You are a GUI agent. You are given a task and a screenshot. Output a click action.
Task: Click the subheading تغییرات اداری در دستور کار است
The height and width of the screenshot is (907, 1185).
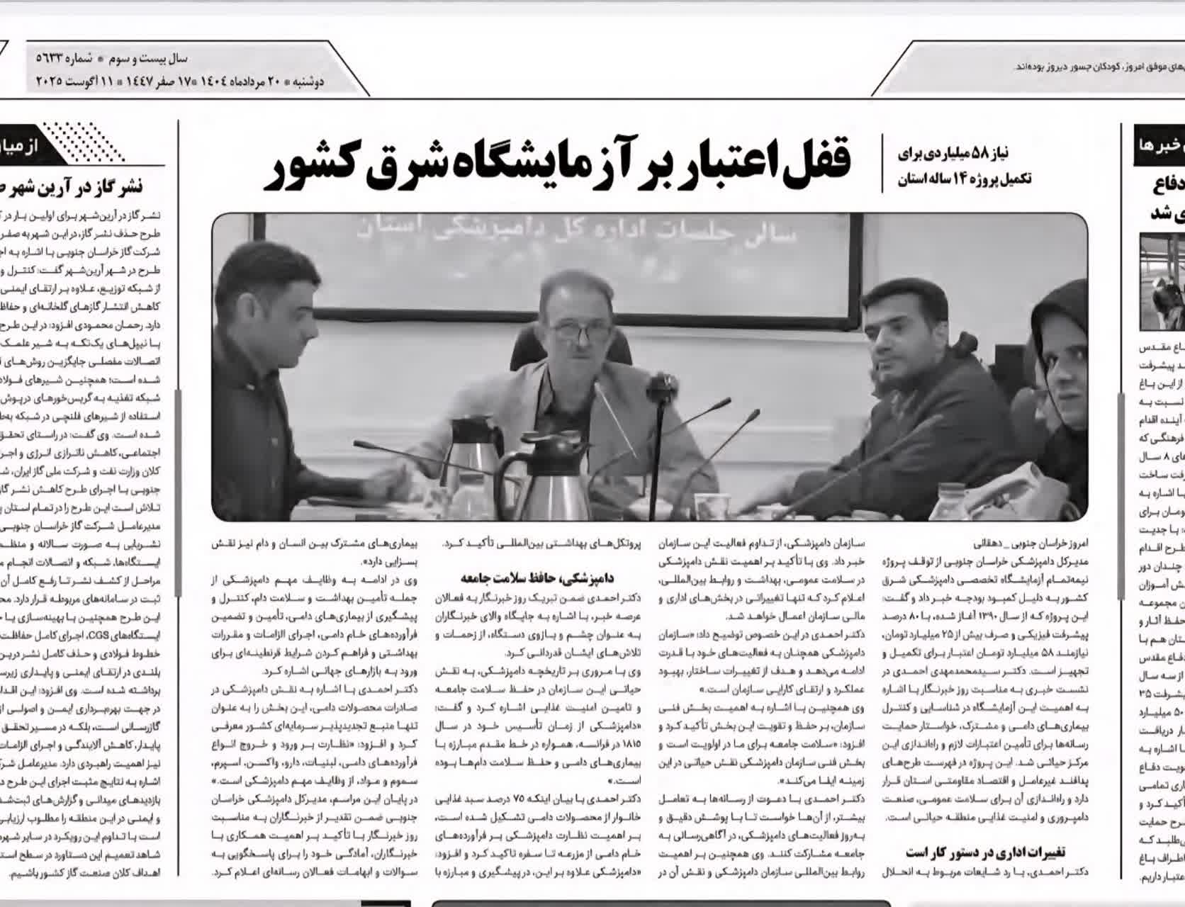pos(986,852)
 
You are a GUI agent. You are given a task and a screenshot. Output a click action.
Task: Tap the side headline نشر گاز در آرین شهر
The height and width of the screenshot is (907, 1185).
pos(85,186)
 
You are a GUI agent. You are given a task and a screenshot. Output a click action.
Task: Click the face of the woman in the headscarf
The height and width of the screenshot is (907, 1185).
pos(1063,354)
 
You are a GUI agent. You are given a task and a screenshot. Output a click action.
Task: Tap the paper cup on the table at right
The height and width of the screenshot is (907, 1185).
pos(712,505)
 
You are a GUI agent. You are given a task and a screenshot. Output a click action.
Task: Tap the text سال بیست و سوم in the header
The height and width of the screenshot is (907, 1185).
pos(153,58)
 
